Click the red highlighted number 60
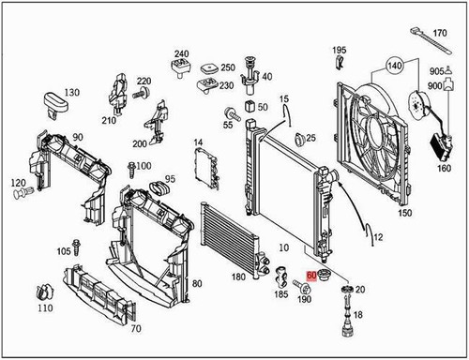311,278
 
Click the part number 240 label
181,53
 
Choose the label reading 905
436,72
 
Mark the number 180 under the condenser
238,277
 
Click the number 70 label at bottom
136,329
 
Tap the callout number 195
339,49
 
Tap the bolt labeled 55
228,113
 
